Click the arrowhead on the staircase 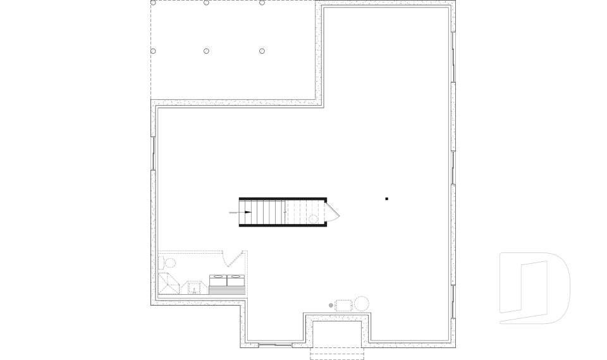pyautogui.click(x=248, y=213)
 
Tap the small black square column pyautogui.click(x=386, y=199)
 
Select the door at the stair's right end pyautogui.click(x=334, y=213)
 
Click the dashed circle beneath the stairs pyautogui.click(x=313, y=219)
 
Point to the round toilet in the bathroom pyautogui.click(x=169, y=263)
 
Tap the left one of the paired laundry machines pyautogui.click(x=218, y=280)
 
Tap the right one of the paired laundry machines pyautogui.click(x=235, y=280)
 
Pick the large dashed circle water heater pyautogui.click(x=362, y=303)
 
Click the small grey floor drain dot pyautogui.click(x=331, y=306)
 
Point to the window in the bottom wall pyautogui.click(x=276, y=345)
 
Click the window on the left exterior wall pyautogui.click(x=153, y=152)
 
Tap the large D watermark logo pyautogui.click(x=534, y=288)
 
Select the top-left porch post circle pyautogui.click(x=153, y=3)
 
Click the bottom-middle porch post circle pyautogui.click(x=207, y=51)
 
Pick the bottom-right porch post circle pyautogui.click(x=262, y=51)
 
